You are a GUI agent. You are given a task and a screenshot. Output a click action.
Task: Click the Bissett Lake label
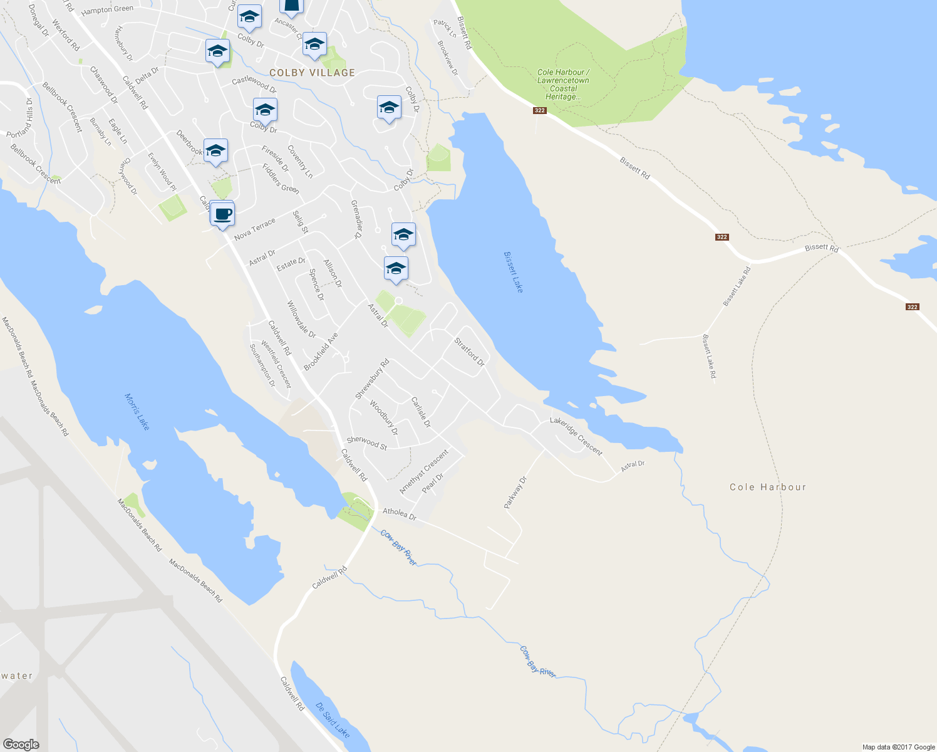pos(513,272)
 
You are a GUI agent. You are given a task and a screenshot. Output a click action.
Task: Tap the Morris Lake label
pos(137,412)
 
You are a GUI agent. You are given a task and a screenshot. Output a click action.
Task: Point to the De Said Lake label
pos(333,720)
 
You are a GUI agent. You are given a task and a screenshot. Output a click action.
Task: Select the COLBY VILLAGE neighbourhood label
pos(312,73)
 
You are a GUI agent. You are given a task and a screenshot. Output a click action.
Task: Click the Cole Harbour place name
pos(768,487)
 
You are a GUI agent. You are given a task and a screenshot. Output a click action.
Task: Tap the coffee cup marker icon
pos(222,214)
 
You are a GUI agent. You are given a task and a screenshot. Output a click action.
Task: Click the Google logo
pos(21,744)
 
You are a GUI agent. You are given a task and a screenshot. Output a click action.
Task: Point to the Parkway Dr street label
pos(516,493)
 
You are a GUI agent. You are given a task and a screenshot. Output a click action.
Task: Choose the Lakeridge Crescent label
pos(576,437)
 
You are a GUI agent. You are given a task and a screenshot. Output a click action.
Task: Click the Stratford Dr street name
pos(469,352)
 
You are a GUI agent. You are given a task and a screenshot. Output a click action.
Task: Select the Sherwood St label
pos(367,442)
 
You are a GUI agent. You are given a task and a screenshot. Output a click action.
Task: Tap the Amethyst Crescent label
pos(424,471)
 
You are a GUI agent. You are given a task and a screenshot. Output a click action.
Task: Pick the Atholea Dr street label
pos(400,514)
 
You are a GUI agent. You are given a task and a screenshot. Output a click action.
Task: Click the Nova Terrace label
pos(254,229)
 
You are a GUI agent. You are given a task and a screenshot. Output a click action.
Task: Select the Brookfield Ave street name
pos(321,352)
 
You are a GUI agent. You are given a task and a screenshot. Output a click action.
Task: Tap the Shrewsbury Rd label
pos(372,379)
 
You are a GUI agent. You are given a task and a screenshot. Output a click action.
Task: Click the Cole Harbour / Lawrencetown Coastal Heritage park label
pos(563,85)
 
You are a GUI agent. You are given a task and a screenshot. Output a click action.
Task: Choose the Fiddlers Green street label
pos(281,179)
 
